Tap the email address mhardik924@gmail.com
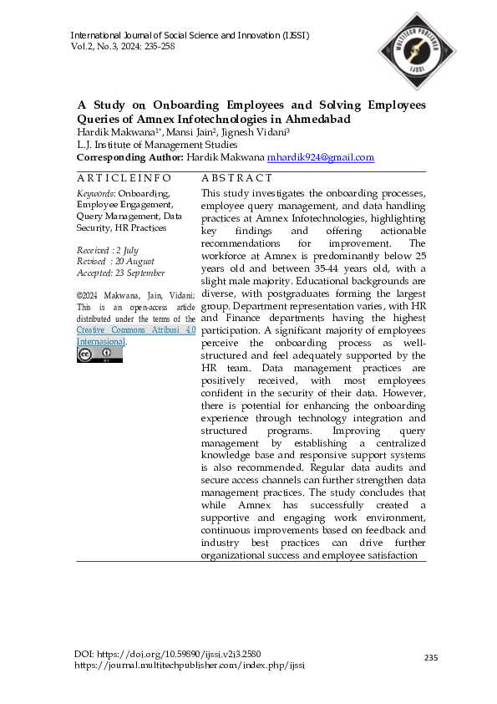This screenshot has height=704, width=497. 321,157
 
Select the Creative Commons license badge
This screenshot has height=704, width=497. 99,355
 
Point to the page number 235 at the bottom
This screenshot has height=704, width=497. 431,658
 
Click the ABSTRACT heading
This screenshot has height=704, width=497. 237,178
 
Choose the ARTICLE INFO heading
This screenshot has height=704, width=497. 124,178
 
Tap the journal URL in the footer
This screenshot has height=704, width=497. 190,665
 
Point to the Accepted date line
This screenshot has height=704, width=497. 120,273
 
